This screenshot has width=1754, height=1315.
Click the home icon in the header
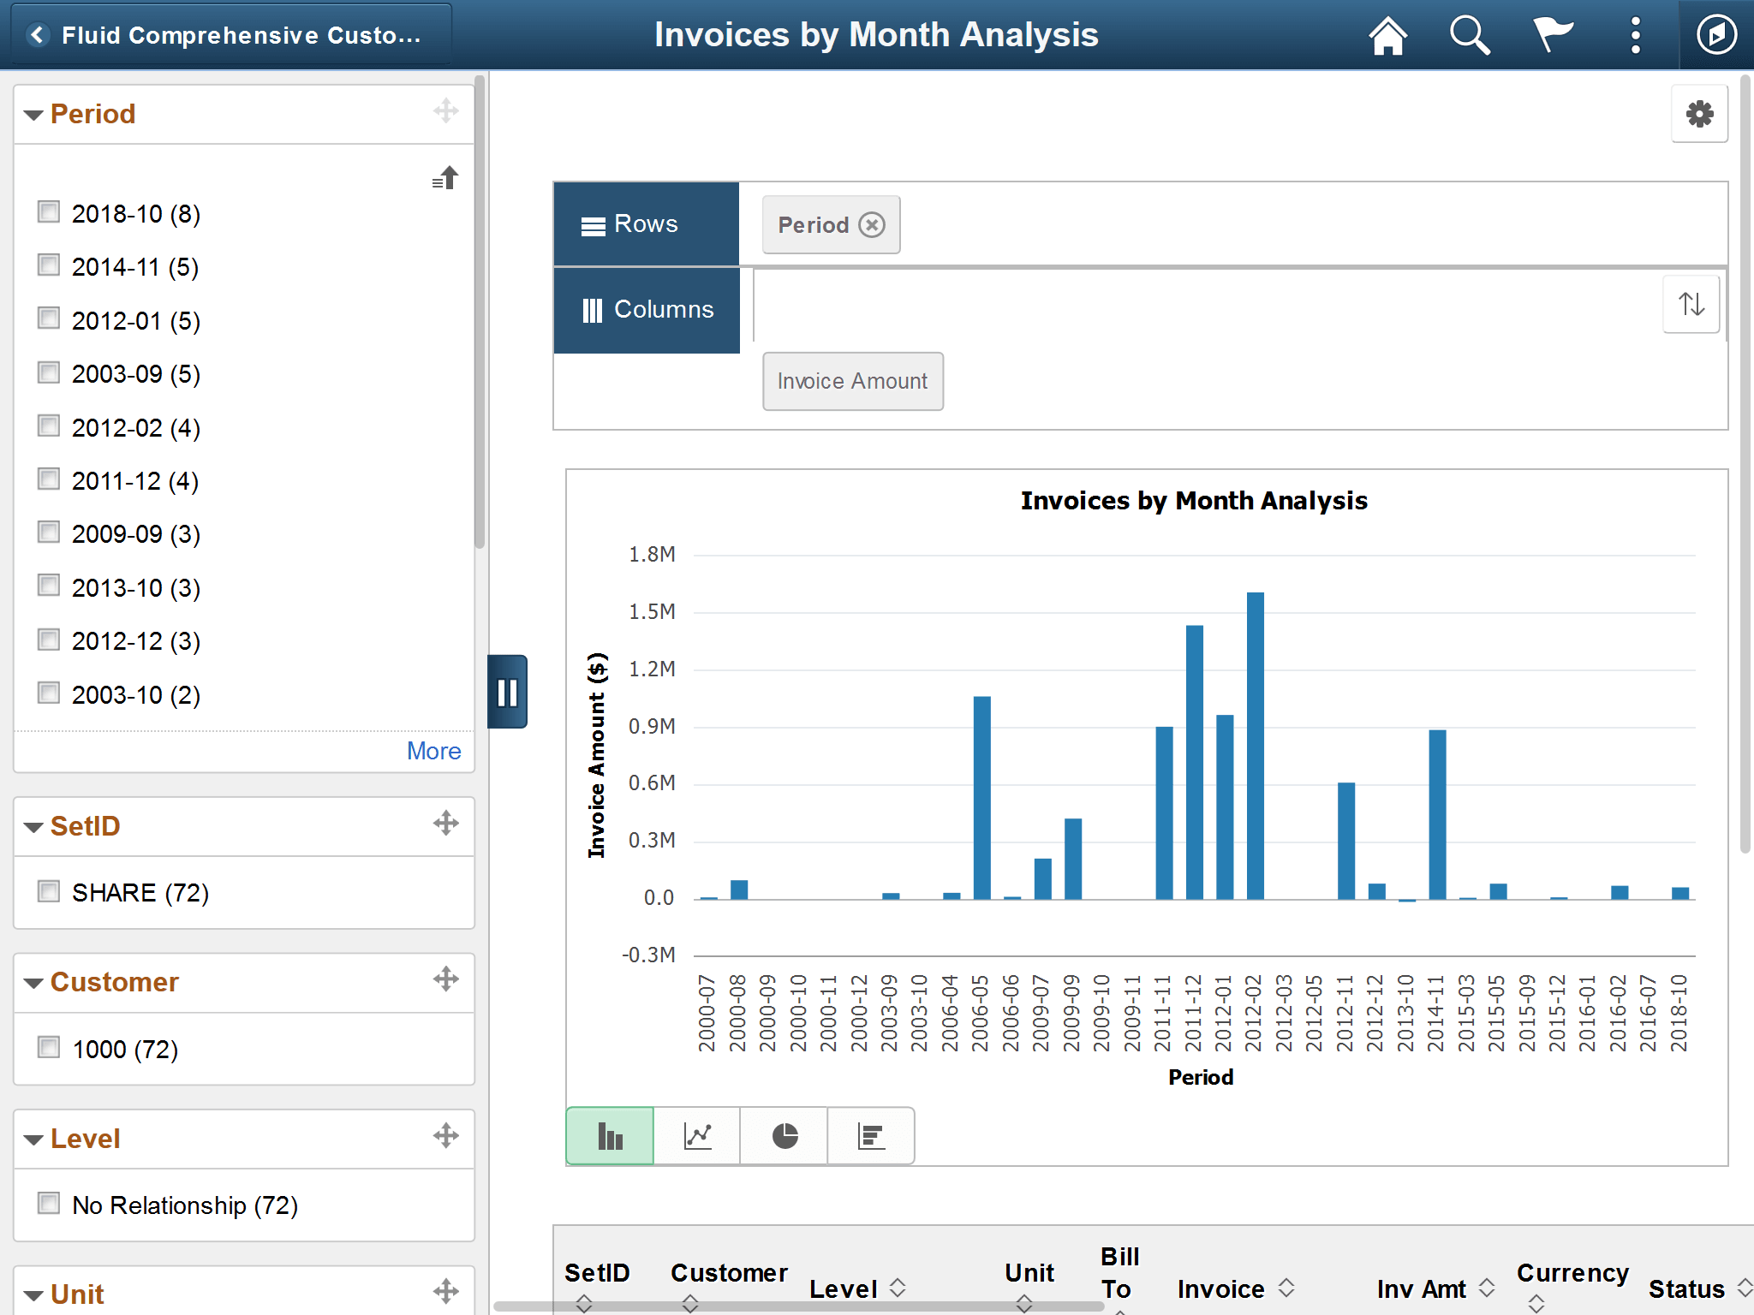coord(1387,36)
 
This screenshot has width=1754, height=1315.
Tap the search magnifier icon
coord(1470,36)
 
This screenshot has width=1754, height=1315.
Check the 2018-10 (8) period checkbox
coord(49,212)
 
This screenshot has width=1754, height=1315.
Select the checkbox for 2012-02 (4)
coord(49,426)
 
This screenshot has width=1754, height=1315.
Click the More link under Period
coord(433,751)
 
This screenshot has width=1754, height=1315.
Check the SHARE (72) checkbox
coord(49,892)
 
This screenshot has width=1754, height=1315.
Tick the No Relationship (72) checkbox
coord(49,1205)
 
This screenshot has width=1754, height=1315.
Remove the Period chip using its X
coord(872,225)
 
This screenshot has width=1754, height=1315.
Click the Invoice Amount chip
coord(852,382)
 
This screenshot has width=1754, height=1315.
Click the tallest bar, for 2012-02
coord(1256,745)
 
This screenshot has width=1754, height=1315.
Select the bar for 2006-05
coord(982,797)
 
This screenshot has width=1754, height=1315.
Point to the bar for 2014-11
coord(1438,813)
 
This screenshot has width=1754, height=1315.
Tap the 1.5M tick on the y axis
coord(652,612)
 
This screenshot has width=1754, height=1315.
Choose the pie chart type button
coord(785,1136)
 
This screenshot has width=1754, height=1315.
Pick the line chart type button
coord(698,1136)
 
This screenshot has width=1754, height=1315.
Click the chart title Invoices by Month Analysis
coord(1194,501)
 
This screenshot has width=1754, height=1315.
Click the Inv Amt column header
coord(1422,1288)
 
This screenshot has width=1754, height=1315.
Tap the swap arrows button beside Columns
coord(1691,305)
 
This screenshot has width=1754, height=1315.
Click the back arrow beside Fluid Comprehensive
coord(38,35)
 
